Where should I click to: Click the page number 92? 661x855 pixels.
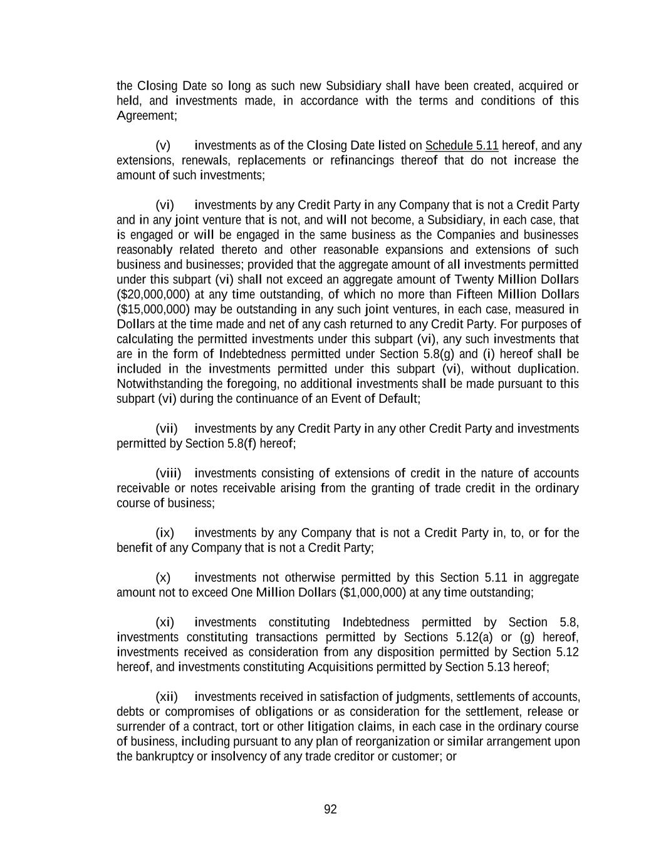coord(330,809)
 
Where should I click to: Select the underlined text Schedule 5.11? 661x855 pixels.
coord(462,146)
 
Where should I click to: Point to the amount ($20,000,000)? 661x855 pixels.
coord(154,294)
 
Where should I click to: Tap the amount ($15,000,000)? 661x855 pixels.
coord(154,309)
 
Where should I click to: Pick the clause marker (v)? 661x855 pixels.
coord(163,146)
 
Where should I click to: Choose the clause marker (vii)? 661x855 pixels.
coord(167,429)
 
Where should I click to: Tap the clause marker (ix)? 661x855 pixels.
coord(165,533)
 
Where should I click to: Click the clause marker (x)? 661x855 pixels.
coord(163,578)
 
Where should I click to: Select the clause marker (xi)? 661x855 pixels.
coord(165,623)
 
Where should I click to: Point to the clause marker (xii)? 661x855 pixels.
coord(167,697)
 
